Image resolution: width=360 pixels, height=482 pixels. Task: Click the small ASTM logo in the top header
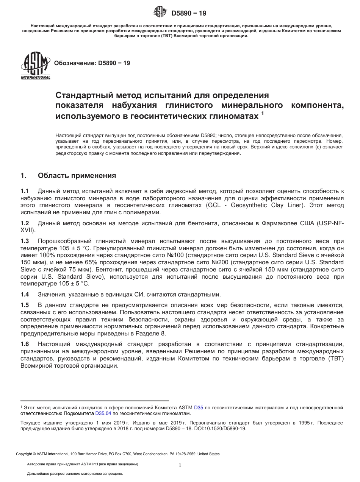(x=159, y=12)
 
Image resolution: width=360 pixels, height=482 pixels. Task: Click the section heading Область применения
(x=77, y=176)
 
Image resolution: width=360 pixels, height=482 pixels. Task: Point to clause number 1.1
(x=25, y=192)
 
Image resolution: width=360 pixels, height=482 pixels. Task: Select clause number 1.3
(x=25, y=241)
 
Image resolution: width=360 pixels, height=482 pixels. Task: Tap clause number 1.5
(x=25, y=305)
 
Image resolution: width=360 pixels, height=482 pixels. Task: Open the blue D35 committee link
(x=199, y=408)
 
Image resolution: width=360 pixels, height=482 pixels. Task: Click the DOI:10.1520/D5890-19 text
(x=220, y=429)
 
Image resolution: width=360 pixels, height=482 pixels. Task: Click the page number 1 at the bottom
(x=180, y=465)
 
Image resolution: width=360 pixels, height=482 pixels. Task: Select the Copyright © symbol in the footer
(x=34, y=454)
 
